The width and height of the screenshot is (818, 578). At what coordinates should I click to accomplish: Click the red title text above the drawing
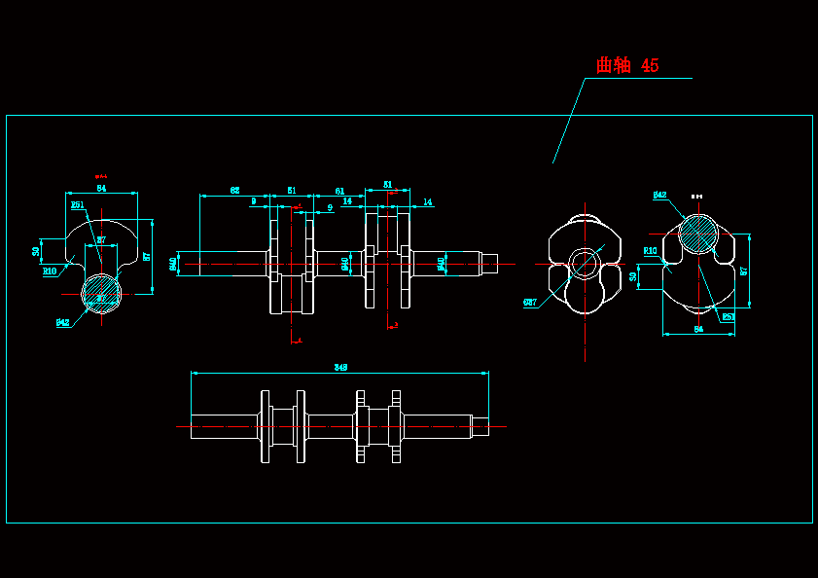(x=627, y=65)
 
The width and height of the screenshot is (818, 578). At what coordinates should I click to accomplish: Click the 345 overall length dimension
(x=340, y=367)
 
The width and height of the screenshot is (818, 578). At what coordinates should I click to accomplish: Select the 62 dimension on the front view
(x=235, y=191)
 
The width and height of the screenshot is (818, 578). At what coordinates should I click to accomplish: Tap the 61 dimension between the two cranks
(x=339, y=191)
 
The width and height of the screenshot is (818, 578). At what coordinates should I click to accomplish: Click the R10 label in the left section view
(x=50, y=271)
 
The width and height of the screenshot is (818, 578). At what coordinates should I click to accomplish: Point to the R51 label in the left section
(x=78, y=205)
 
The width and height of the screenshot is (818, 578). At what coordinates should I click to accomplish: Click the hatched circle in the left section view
(x=101, y=291)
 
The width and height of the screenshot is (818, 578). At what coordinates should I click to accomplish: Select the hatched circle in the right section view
(x=697, y=234)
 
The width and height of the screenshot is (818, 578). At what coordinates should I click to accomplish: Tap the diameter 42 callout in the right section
(x=659, y=196)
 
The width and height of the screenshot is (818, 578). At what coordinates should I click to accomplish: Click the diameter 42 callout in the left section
(x=62, y=322)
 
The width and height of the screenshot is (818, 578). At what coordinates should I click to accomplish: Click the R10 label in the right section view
(x=651, y=250)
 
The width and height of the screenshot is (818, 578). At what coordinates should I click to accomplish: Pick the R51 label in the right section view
(x=728, y=316)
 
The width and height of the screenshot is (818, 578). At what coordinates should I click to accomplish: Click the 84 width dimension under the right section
(x=698, y=330)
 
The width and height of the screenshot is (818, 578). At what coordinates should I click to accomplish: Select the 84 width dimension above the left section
(x=101, y=188)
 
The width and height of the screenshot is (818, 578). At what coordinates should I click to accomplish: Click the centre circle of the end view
(x=584, y=263)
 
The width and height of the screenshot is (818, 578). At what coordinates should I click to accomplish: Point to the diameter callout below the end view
(x=530, y=303)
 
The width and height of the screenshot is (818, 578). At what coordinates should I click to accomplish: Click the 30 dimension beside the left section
(x=36, y=251)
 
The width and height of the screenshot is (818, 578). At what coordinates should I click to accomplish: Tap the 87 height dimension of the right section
(x=743, y=271)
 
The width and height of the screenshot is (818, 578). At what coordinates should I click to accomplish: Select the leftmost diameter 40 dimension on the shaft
(x=174, y=263)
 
